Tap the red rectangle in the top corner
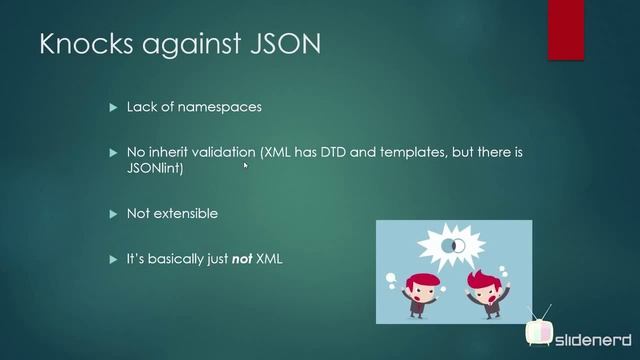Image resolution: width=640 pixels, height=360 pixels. coord(565,30)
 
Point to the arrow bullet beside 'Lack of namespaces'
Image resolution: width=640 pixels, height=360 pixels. coord(113,107)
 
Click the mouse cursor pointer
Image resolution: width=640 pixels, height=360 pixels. coord(245,166)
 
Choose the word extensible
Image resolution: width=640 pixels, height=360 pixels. coord(186,214)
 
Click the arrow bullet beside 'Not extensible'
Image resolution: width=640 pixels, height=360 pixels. coord(113,214)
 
